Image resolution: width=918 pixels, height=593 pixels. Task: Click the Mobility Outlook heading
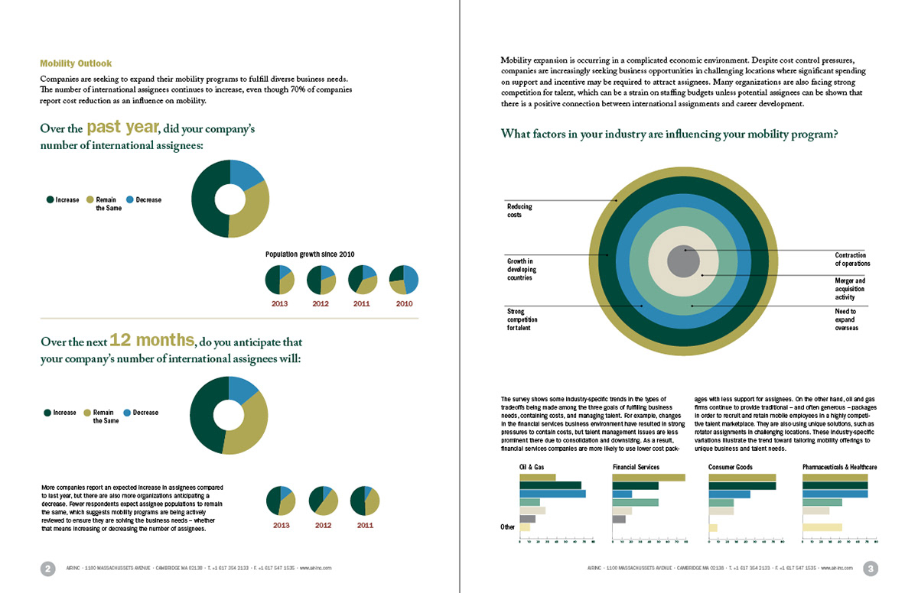pos(76,63)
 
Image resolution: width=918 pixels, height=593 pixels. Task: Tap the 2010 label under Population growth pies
pos(405,304)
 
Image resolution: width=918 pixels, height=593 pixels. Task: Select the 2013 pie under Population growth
pos(280,280)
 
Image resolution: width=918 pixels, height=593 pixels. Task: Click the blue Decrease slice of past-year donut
pos(246,175)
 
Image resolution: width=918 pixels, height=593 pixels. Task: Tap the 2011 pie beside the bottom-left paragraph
pos(365,501)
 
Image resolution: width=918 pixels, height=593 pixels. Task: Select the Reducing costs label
pos(519,211)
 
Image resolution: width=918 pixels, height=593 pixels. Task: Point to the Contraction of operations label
pos(852,259)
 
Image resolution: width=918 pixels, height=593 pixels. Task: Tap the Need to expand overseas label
pos(846,319)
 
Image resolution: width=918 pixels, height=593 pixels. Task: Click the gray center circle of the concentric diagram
pos(683,261)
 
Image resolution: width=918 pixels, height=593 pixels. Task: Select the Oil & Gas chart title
pos(532,467)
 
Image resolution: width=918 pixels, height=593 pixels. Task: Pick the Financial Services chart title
pos(636,467)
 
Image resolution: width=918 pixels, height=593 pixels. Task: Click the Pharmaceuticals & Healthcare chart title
pos(839,467)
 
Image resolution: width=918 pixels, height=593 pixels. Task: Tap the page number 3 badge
pos(871,569)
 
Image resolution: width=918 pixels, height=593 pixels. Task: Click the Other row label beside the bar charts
pos(507,527)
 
